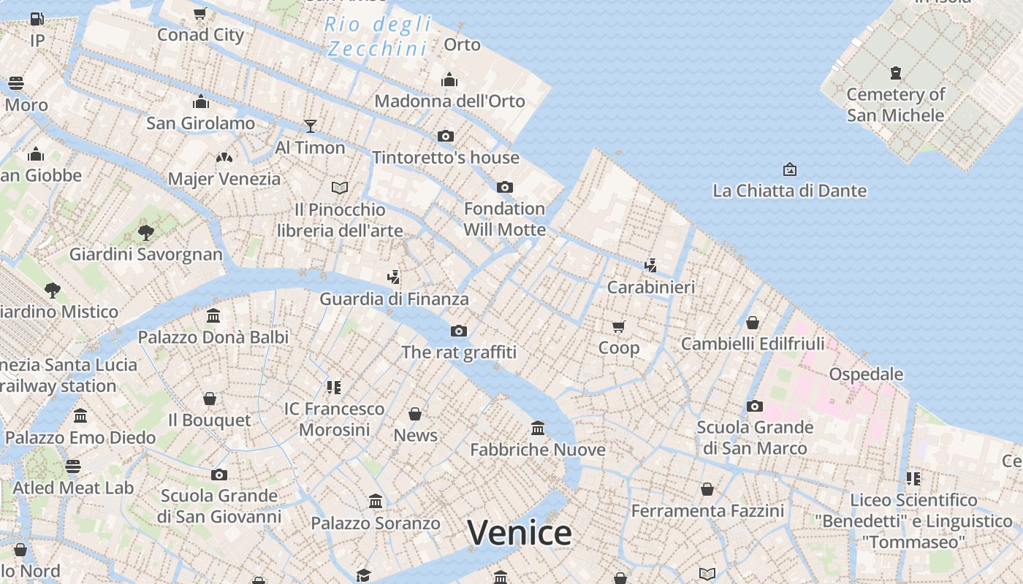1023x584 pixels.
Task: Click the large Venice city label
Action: pyautogui.click(x=520, y=533)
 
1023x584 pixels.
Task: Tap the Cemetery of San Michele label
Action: pyautogui.click(x=895, y=104)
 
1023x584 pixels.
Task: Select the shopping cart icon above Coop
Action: pyautogui.click(x=619, y=326)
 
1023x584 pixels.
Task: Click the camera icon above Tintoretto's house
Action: pyautogui.click(x=446, y=136)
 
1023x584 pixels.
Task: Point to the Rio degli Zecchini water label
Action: pyautogui.click(x=378, y=36)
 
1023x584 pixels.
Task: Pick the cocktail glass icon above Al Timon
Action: pyautogui.click(x=310, y=126)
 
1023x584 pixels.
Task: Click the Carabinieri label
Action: pyautogui.click(x=651, y=287)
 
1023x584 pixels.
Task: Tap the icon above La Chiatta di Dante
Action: pyautogui.click(x=789, y=169)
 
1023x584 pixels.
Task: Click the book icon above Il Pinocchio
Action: pyautogui.click(x=340, y=188)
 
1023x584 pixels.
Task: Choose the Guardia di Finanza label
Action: pyautogui.click(x=394, y=299)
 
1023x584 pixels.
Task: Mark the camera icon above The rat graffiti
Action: pyautogui.click(x=458, y=331)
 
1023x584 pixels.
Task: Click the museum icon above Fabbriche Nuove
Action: pyautogui.click(x=538, y=428)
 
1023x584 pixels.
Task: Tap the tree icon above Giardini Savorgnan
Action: pyautogui.click(x=145, y=233)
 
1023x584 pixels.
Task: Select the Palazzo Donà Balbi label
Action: pyautogui.click(x=213, y=337)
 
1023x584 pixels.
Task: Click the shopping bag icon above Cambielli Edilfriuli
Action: pyautogui.click(x=753, y=322)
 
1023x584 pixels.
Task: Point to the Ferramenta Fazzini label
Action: pyautogui.click(x=707, y=510)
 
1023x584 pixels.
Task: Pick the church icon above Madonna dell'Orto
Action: pyautogui.click(x=449, y=79)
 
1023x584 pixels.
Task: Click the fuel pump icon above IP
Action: pyautogui.click(x=37, y=19)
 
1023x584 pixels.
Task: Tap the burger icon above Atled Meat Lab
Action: pyautogui.click(x=72, y=466)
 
